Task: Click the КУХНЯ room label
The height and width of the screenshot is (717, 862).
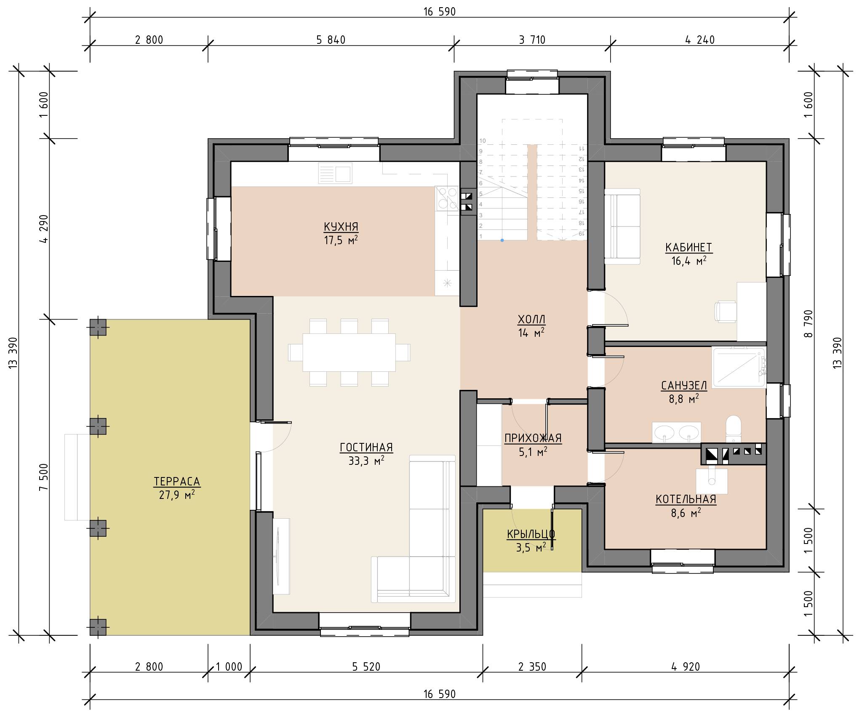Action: pyautogui.click(x=341, y=227)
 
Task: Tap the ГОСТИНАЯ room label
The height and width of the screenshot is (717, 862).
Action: pyautogui.click(x=366, y=447)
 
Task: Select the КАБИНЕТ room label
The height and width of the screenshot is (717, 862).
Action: pyautogui.click(x=689, y=247)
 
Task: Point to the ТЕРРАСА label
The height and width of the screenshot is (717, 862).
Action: pyautogui.click(x=177, y=481)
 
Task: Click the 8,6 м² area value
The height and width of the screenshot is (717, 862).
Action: pyautogui.click(x=686, y=513)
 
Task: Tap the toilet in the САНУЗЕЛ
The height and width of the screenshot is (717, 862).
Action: pyautogui.click(x=733, y=429)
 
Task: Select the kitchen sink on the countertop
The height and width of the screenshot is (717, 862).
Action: pyautogui.click(x=335, y=173)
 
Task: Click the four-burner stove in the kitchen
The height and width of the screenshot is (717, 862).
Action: pyautogui.click(x=447, y=198)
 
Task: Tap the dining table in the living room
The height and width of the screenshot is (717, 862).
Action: pyautogui.click(x=349, y=352)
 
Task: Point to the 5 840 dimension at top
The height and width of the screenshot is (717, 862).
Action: pyautogui.click(x=331, y=40)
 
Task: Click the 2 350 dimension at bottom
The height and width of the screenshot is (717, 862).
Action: pyautogui.click(x=532, y=666)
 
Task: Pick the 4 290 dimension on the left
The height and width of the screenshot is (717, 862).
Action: pyautogui.click(x=45, y=229)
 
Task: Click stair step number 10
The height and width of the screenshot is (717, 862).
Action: pyautogui.click(x=483, y=141)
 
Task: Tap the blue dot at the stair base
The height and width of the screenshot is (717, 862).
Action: pyautogui.click(x=502, y=240)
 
